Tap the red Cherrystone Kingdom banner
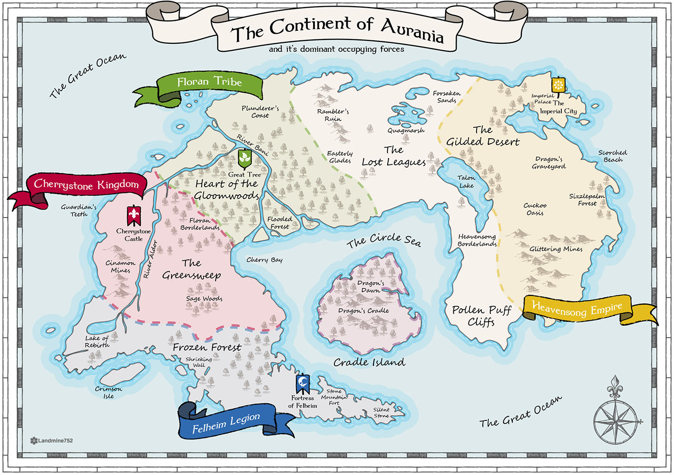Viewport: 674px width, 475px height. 86,185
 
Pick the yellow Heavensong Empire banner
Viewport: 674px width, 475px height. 577,309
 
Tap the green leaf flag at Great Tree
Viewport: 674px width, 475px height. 244,158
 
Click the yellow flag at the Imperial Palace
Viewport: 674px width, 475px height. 558,85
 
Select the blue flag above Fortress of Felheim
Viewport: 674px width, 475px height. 303,383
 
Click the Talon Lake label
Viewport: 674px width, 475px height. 466,181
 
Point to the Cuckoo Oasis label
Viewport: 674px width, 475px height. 535,209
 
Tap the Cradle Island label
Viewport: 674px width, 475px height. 369,362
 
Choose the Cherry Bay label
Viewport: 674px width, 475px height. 264,260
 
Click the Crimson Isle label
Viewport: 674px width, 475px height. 108,392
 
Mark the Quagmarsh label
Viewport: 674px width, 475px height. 406,131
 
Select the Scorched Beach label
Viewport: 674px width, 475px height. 613,156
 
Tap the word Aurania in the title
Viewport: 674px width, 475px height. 412,30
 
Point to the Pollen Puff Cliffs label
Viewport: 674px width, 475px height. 481,316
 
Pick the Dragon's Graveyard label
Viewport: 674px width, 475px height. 549,162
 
